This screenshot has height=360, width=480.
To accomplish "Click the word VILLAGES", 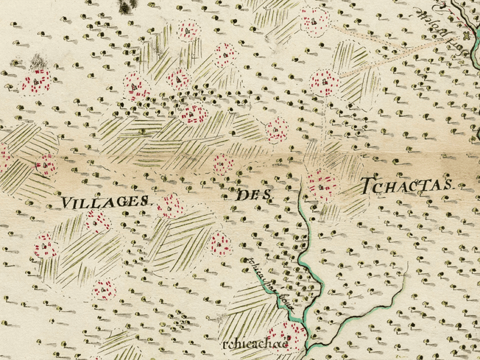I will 104,202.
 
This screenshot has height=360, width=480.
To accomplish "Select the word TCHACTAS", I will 406,186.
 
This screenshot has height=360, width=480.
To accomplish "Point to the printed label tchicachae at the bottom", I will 253,345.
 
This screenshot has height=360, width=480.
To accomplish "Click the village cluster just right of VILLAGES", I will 170,205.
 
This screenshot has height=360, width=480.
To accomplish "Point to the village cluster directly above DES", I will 224,163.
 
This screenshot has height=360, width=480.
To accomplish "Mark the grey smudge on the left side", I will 40,61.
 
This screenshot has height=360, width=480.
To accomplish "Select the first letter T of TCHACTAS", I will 367,186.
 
